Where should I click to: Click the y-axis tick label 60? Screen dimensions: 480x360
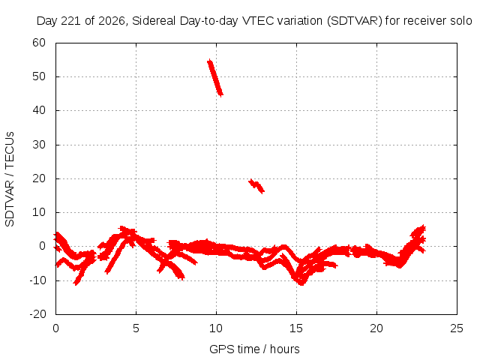39,43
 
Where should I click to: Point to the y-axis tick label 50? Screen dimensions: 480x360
39,76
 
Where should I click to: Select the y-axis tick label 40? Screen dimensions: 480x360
39,110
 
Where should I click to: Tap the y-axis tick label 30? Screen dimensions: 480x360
39,145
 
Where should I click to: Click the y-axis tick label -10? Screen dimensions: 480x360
37,280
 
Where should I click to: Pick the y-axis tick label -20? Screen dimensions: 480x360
37,314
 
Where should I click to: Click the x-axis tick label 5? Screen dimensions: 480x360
136,328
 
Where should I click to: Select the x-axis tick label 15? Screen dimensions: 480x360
296,328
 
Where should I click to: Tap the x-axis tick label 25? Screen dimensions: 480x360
457,328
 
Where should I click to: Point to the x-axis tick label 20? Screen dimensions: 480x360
376,328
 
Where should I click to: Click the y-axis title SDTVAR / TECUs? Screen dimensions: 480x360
10,179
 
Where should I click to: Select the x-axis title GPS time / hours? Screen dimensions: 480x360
254,349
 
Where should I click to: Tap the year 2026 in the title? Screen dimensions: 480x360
112,21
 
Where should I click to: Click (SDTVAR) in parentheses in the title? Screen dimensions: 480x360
355,21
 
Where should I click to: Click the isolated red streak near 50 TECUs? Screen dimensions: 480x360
215,78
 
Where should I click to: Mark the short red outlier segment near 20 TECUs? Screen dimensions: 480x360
256,186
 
